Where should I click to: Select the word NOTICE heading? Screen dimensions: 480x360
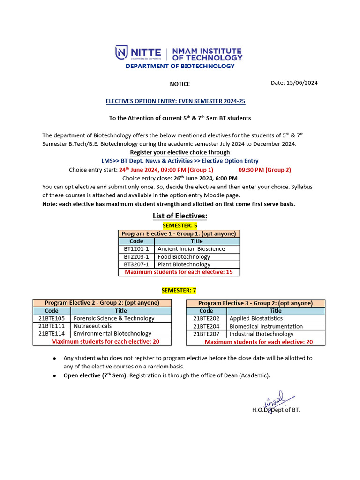pos(180,84)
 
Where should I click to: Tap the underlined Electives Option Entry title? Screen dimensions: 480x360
pos(175,101)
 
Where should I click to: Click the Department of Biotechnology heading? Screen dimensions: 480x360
pos(180,66)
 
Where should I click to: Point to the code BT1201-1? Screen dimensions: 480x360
pos(136,249)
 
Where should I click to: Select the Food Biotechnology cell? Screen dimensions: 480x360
pos(184,257)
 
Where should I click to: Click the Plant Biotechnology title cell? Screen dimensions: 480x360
pos(184,264)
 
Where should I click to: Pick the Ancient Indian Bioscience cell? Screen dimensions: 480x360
pos(191,249)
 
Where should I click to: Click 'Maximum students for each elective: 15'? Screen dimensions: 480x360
pos(179,272)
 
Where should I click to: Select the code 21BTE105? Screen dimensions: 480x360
pos(52,318)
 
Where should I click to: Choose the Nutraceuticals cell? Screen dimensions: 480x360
pos(93,326)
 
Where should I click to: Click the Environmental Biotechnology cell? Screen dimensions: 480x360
pos(112,334)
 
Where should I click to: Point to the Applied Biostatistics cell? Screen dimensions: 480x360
pos(256,318)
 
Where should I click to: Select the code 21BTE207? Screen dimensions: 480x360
pos(206,334)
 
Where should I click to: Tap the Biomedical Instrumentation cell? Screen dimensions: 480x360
pos(266,326)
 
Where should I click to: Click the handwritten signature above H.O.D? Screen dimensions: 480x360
pos(274,400)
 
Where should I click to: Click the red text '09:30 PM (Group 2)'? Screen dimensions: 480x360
pos(264,170)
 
